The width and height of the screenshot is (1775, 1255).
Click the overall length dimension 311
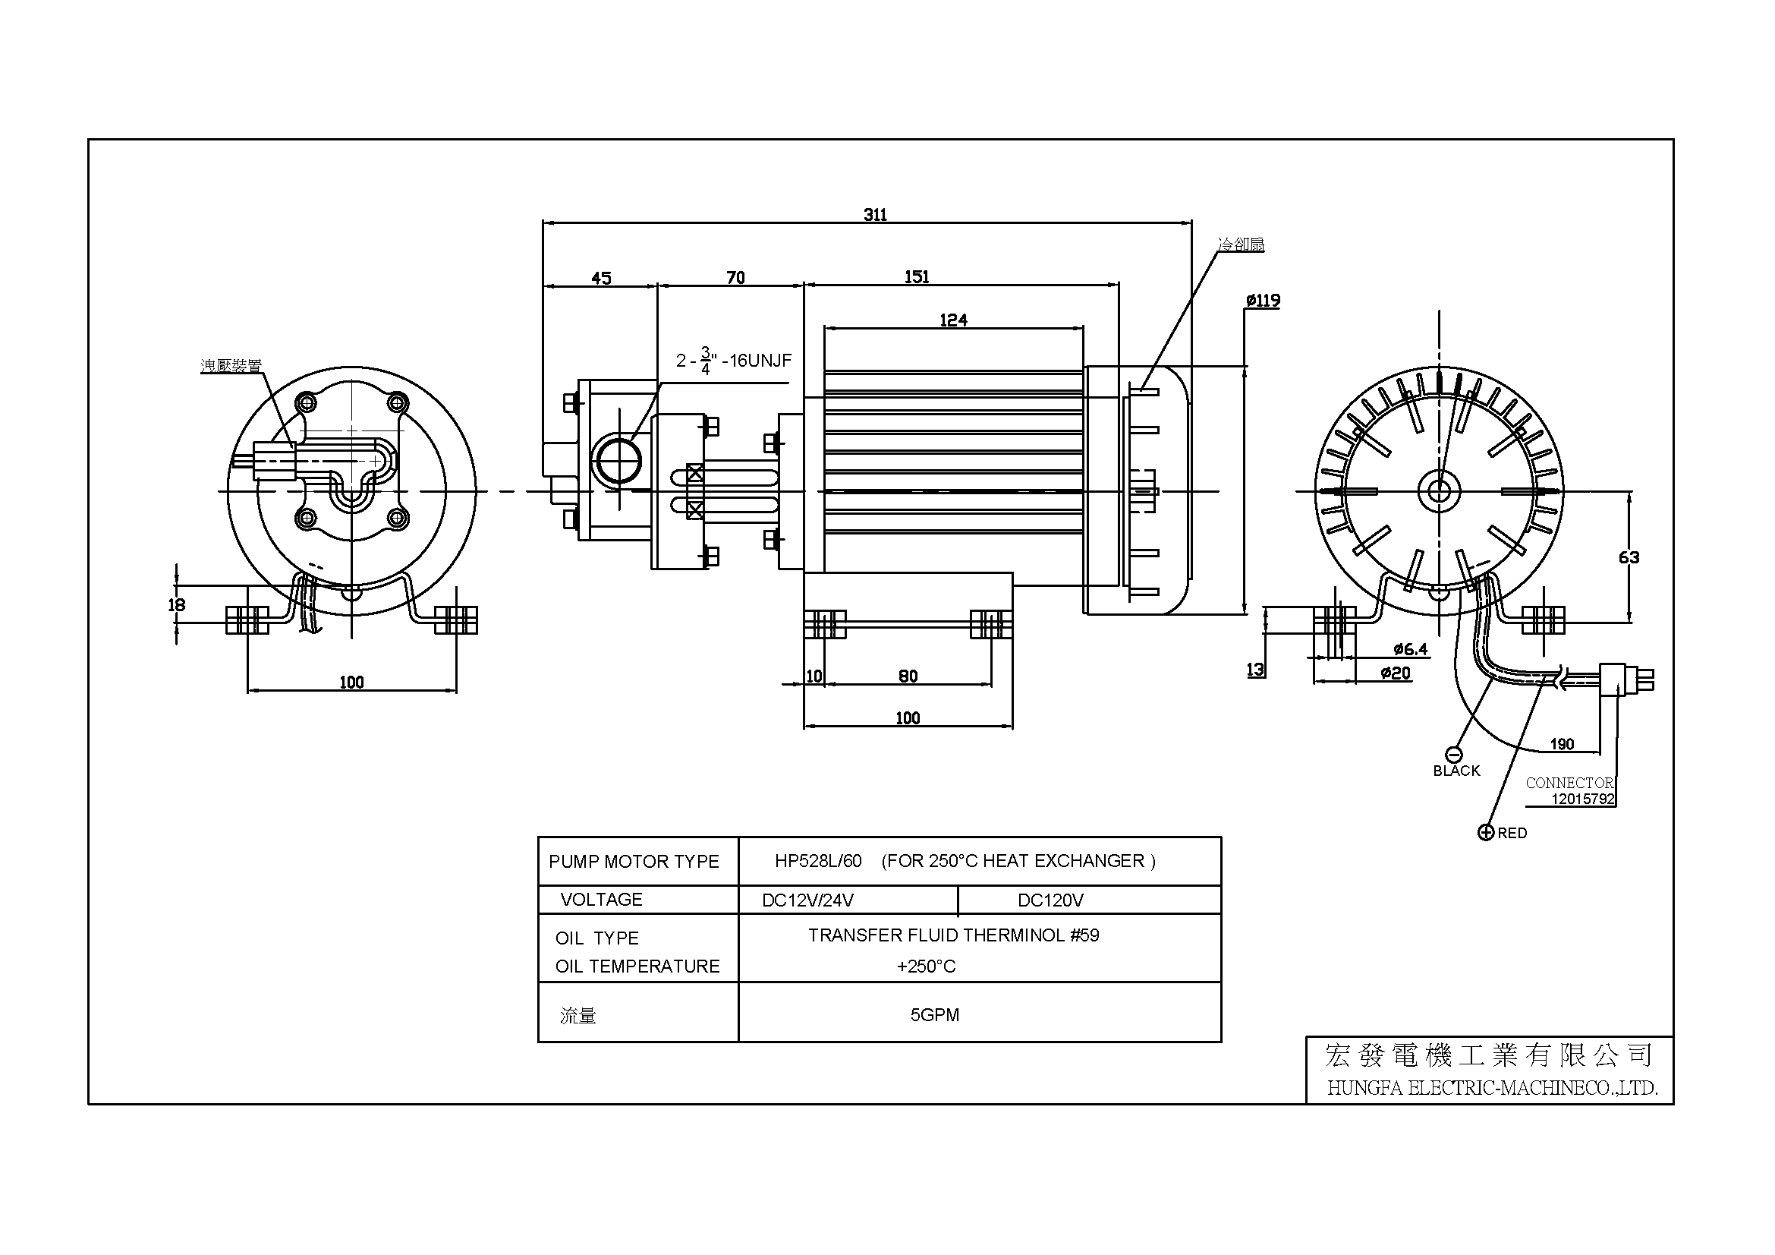tap(874, 214)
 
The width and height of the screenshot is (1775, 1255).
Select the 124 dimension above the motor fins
tap(953, 320)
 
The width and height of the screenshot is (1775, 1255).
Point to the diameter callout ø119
tap(1263, 300)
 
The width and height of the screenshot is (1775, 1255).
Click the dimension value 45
tap(601, 278)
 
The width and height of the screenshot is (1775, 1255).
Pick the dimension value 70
tap(735, 277)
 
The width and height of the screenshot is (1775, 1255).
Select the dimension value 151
tap(917, 276)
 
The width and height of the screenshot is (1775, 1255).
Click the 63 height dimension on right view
tap(1628, 557)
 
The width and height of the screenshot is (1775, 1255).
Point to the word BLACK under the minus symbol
tap(1456, 770)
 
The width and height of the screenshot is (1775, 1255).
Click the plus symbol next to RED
tap(1485, 832)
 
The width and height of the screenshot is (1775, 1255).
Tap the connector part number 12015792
tap(1582, 799)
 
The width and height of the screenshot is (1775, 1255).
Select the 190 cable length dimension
tap(1562, 744)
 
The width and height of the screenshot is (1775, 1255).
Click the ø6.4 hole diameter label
tap(1410, 650)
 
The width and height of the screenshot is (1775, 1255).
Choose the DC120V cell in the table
tap(1050, 900)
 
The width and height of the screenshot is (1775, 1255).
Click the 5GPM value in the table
tap(934, 1014)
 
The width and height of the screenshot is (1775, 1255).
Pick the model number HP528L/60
tap(817, 861)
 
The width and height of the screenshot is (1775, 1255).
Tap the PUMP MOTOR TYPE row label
tap(633, 862)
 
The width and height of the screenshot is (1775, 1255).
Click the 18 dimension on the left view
tap(176, 604)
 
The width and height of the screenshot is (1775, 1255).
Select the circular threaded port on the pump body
tap(616, 460)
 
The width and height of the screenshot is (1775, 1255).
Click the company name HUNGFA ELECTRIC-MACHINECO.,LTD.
tap(1492, 1088)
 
